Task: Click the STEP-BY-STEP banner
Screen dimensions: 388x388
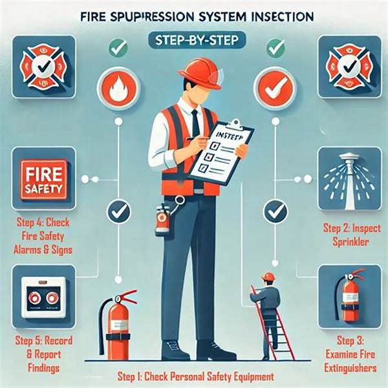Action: (197, 41)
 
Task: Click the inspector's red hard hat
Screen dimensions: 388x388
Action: (200, 74)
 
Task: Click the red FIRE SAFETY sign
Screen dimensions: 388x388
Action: (44, 179)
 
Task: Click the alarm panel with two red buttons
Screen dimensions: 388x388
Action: (44, 297)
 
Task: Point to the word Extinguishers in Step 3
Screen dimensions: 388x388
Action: (350, 368)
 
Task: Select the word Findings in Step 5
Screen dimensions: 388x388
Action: (43, 368)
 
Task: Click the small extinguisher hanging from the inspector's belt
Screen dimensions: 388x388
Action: (162, 219)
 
